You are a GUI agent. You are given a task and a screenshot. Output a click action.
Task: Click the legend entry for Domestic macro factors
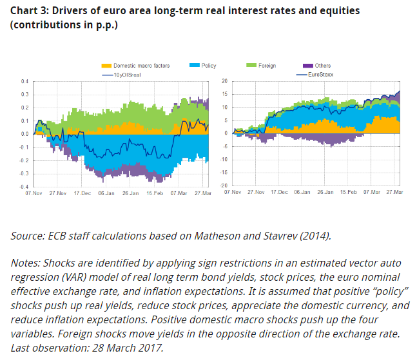pyautogui.click(x=141, y=66)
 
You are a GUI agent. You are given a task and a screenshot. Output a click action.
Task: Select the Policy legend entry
pyautogui.click(x=208, y=66)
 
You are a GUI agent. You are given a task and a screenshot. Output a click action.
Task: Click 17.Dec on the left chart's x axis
pyautogui.click(x=83, y=193)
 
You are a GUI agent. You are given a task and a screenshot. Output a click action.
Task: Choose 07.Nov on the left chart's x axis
pyautogui.click(x=34, y=193)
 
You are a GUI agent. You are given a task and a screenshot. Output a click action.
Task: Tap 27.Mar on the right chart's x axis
pyautogui.click(x=394, y=193)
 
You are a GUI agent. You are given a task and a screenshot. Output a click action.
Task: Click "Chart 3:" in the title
pyautogui.click(x=30, y=12)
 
